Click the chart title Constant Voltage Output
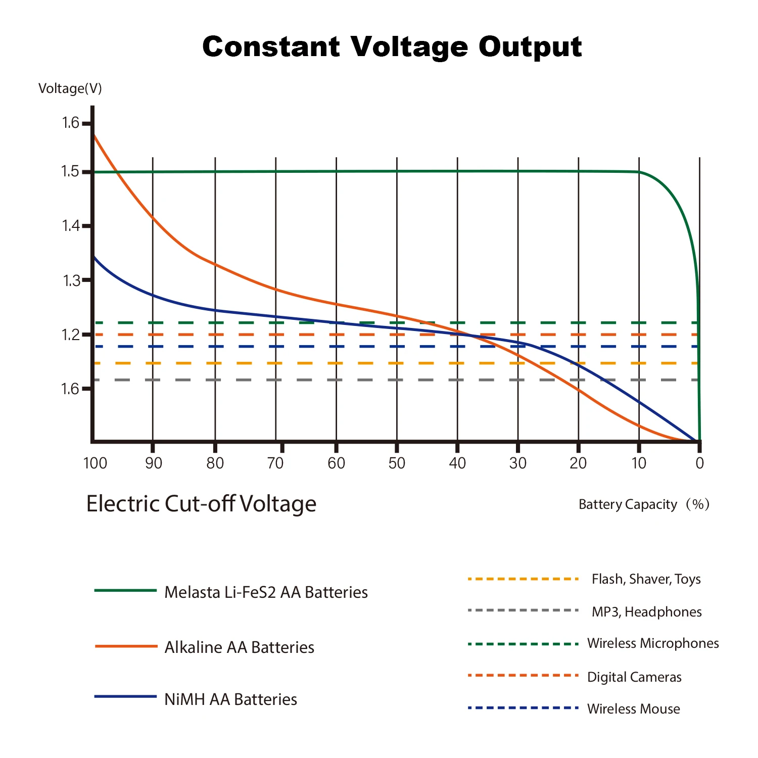[392, 47]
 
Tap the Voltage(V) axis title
[70, 88]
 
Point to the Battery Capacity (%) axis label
[644, 504]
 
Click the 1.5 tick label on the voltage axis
[71, 172]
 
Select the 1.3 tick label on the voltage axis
[71, 280]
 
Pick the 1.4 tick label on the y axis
[71, 226]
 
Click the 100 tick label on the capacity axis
[95, 463]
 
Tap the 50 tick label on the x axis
[397, 463]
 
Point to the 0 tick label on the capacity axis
[699, 463]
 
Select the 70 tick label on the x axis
[275, 463]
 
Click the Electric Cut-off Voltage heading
[201, 504]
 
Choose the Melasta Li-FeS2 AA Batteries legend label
[266, 592]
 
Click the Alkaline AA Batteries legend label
[239, 647]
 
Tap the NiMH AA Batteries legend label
[230, 699]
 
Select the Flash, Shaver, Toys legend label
[646, 579]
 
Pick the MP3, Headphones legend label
[646, 612]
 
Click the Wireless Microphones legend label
[653, 643]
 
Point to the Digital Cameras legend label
[634, 677]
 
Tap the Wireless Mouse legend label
[633, 709]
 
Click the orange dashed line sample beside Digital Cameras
[523, 676]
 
